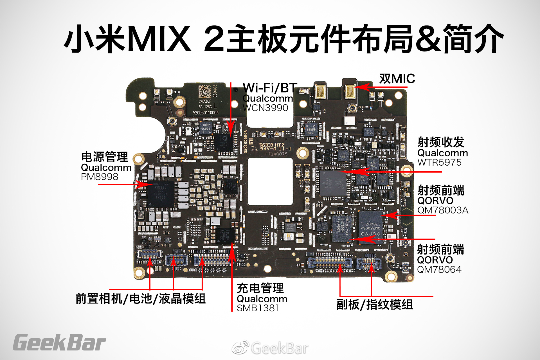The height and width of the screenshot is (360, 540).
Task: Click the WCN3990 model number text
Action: pos(265,108)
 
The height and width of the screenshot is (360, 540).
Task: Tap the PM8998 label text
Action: pos(100,177)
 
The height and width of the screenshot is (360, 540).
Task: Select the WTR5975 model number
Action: pos(439,162)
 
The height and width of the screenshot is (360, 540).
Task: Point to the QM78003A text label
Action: pos(443,210)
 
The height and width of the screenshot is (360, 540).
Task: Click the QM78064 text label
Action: pos(439,269)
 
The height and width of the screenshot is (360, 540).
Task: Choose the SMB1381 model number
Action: pos(258,308)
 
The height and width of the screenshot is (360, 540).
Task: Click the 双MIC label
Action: pos(397,79)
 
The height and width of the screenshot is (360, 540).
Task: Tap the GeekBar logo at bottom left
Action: pos(59,343)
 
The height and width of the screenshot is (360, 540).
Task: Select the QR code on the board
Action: pos(205,91)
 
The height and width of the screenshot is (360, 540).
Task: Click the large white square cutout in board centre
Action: pos(270,181)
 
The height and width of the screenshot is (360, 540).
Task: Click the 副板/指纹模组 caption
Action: pos(374,305)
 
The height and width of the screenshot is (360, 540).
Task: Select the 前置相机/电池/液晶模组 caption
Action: pos(140,299)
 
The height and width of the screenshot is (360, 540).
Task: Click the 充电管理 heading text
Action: pos(260,288)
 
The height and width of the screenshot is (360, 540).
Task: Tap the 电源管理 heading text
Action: pos(105,157)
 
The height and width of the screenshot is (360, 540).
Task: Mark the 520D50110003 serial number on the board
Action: pos(205,112)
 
